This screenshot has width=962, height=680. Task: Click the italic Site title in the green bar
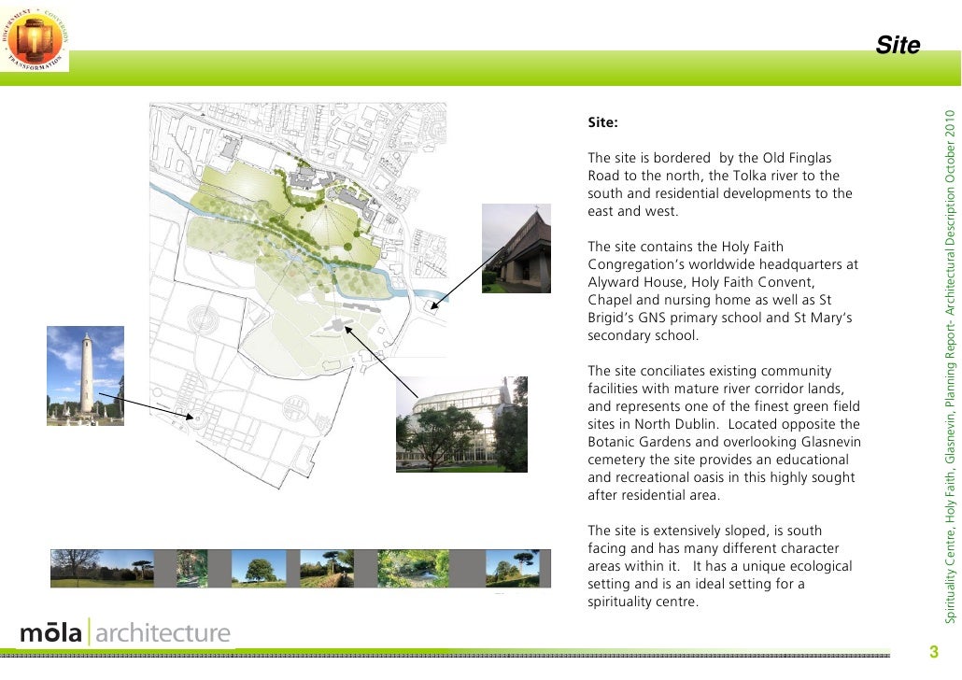click(898, 46)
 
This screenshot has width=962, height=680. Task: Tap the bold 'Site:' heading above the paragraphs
click(602, 122)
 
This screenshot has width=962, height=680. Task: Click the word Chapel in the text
click(609, 300)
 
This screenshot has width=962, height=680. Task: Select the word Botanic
click(614, 442)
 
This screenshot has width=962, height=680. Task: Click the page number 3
click(931, 651)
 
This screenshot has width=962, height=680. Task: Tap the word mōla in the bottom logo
click(50, 633)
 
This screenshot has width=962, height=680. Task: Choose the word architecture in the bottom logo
click(163, 633)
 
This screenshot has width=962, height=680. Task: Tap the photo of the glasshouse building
click(461, 423)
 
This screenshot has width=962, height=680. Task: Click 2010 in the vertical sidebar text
click(951, 130)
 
